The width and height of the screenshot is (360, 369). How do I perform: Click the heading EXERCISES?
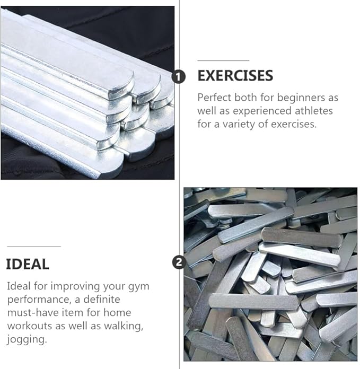click(x=235, y=76)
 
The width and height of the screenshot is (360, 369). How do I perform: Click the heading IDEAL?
click(x=28, y=263)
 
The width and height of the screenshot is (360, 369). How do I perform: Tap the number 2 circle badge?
click(x=179, y=261)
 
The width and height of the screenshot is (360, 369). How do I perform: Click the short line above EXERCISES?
click(x=223, y=60)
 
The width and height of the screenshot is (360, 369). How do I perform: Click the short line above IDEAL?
click(x=33, y=247)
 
